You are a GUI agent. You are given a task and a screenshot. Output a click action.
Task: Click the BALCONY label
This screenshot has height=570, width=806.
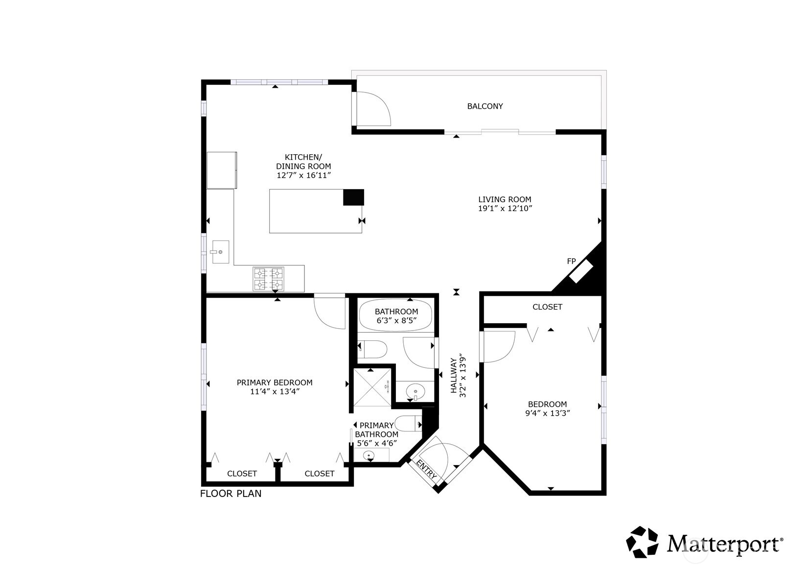[x=484, y=106]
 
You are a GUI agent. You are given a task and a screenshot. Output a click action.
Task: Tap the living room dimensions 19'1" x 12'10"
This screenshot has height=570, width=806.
[x=505, y=209]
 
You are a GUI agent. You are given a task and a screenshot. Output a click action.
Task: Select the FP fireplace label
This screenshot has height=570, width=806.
[x=571, y=261]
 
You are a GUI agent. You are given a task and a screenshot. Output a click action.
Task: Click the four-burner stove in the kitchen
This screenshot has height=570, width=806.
[x=268, y=279]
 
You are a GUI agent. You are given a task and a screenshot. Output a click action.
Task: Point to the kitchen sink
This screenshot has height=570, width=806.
[x=220, y=252]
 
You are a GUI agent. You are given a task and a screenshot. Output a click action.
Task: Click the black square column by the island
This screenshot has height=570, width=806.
[x=353, y=197]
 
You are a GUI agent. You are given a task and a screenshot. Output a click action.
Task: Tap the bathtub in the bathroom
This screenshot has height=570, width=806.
[x=396, y=316]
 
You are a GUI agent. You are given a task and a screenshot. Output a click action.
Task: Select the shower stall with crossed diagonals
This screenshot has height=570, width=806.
[x=372, y=387]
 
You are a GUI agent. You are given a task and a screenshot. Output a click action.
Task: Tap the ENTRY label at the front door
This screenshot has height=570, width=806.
[x=426, y=469]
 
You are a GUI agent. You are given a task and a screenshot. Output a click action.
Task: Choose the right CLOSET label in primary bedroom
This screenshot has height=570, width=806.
[x=319, y=474]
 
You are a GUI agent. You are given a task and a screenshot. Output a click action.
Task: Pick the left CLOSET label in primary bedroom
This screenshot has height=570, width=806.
[x=242, y=474]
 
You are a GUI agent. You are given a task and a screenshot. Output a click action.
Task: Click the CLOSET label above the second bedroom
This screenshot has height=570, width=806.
[x=547, y=307]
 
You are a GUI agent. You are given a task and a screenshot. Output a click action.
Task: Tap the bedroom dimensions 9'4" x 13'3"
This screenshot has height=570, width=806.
[x=547, y=413]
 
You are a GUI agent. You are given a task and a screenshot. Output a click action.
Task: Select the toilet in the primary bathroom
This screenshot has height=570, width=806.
[x=408, y=423]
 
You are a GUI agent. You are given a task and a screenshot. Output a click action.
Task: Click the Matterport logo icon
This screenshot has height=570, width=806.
[x=643, y=542]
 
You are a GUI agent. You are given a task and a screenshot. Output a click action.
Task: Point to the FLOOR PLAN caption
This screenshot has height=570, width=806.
[x=230, y=494]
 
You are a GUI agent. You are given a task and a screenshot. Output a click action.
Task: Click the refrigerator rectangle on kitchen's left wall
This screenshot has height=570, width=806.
[x=222, y=170]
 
